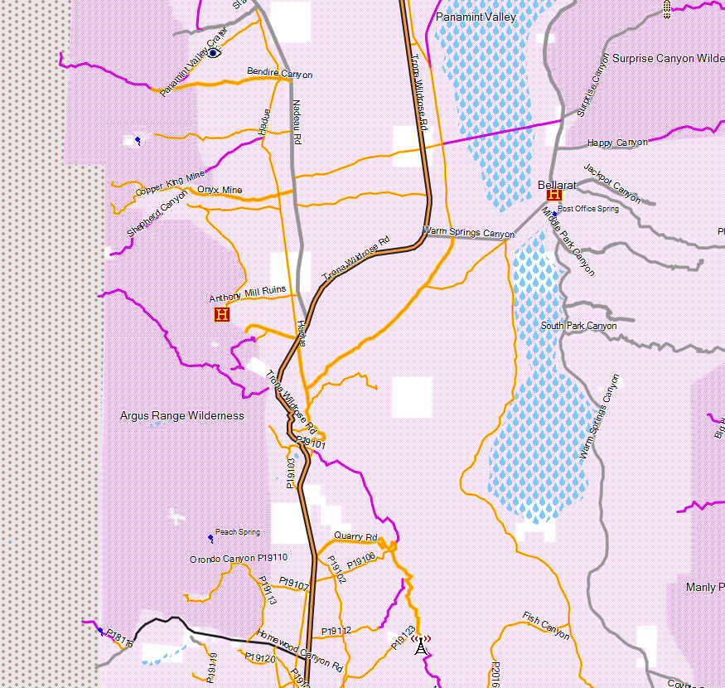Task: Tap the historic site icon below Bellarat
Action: [554, 196]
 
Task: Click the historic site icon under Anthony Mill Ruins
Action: [221, 314]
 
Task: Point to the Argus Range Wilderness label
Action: [182, 415]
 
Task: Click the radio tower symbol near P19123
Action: [421, 643]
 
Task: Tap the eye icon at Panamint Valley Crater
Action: [214, 53]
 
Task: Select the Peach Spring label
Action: [238, 532]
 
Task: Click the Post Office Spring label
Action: [588, 209]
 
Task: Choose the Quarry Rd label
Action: [355, 536]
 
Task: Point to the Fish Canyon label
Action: [546, 625]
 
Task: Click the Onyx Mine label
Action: [220, 190]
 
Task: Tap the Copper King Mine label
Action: [169, 185]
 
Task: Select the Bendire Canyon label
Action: [280, 74]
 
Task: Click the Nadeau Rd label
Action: [297, 123]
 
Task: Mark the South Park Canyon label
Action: [578, 326]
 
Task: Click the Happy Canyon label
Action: [617, 143]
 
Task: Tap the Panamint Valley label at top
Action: [476, 17]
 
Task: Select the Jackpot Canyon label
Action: [611, 183]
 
